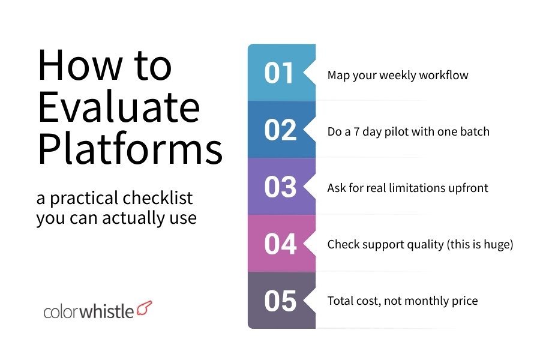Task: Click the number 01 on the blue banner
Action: coord(280,73)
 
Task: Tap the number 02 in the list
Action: coord(280,130)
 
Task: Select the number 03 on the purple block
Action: coord(280,187)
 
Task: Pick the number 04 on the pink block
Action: coord(280,244)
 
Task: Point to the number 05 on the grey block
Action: coord(280,301)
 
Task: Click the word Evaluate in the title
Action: coord(118,108)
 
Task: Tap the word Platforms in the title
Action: coord(130,150)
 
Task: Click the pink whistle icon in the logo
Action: coord(145,309)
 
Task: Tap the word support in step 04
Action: coord(382,245)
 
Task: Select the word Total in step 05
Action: coord(340,301)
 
